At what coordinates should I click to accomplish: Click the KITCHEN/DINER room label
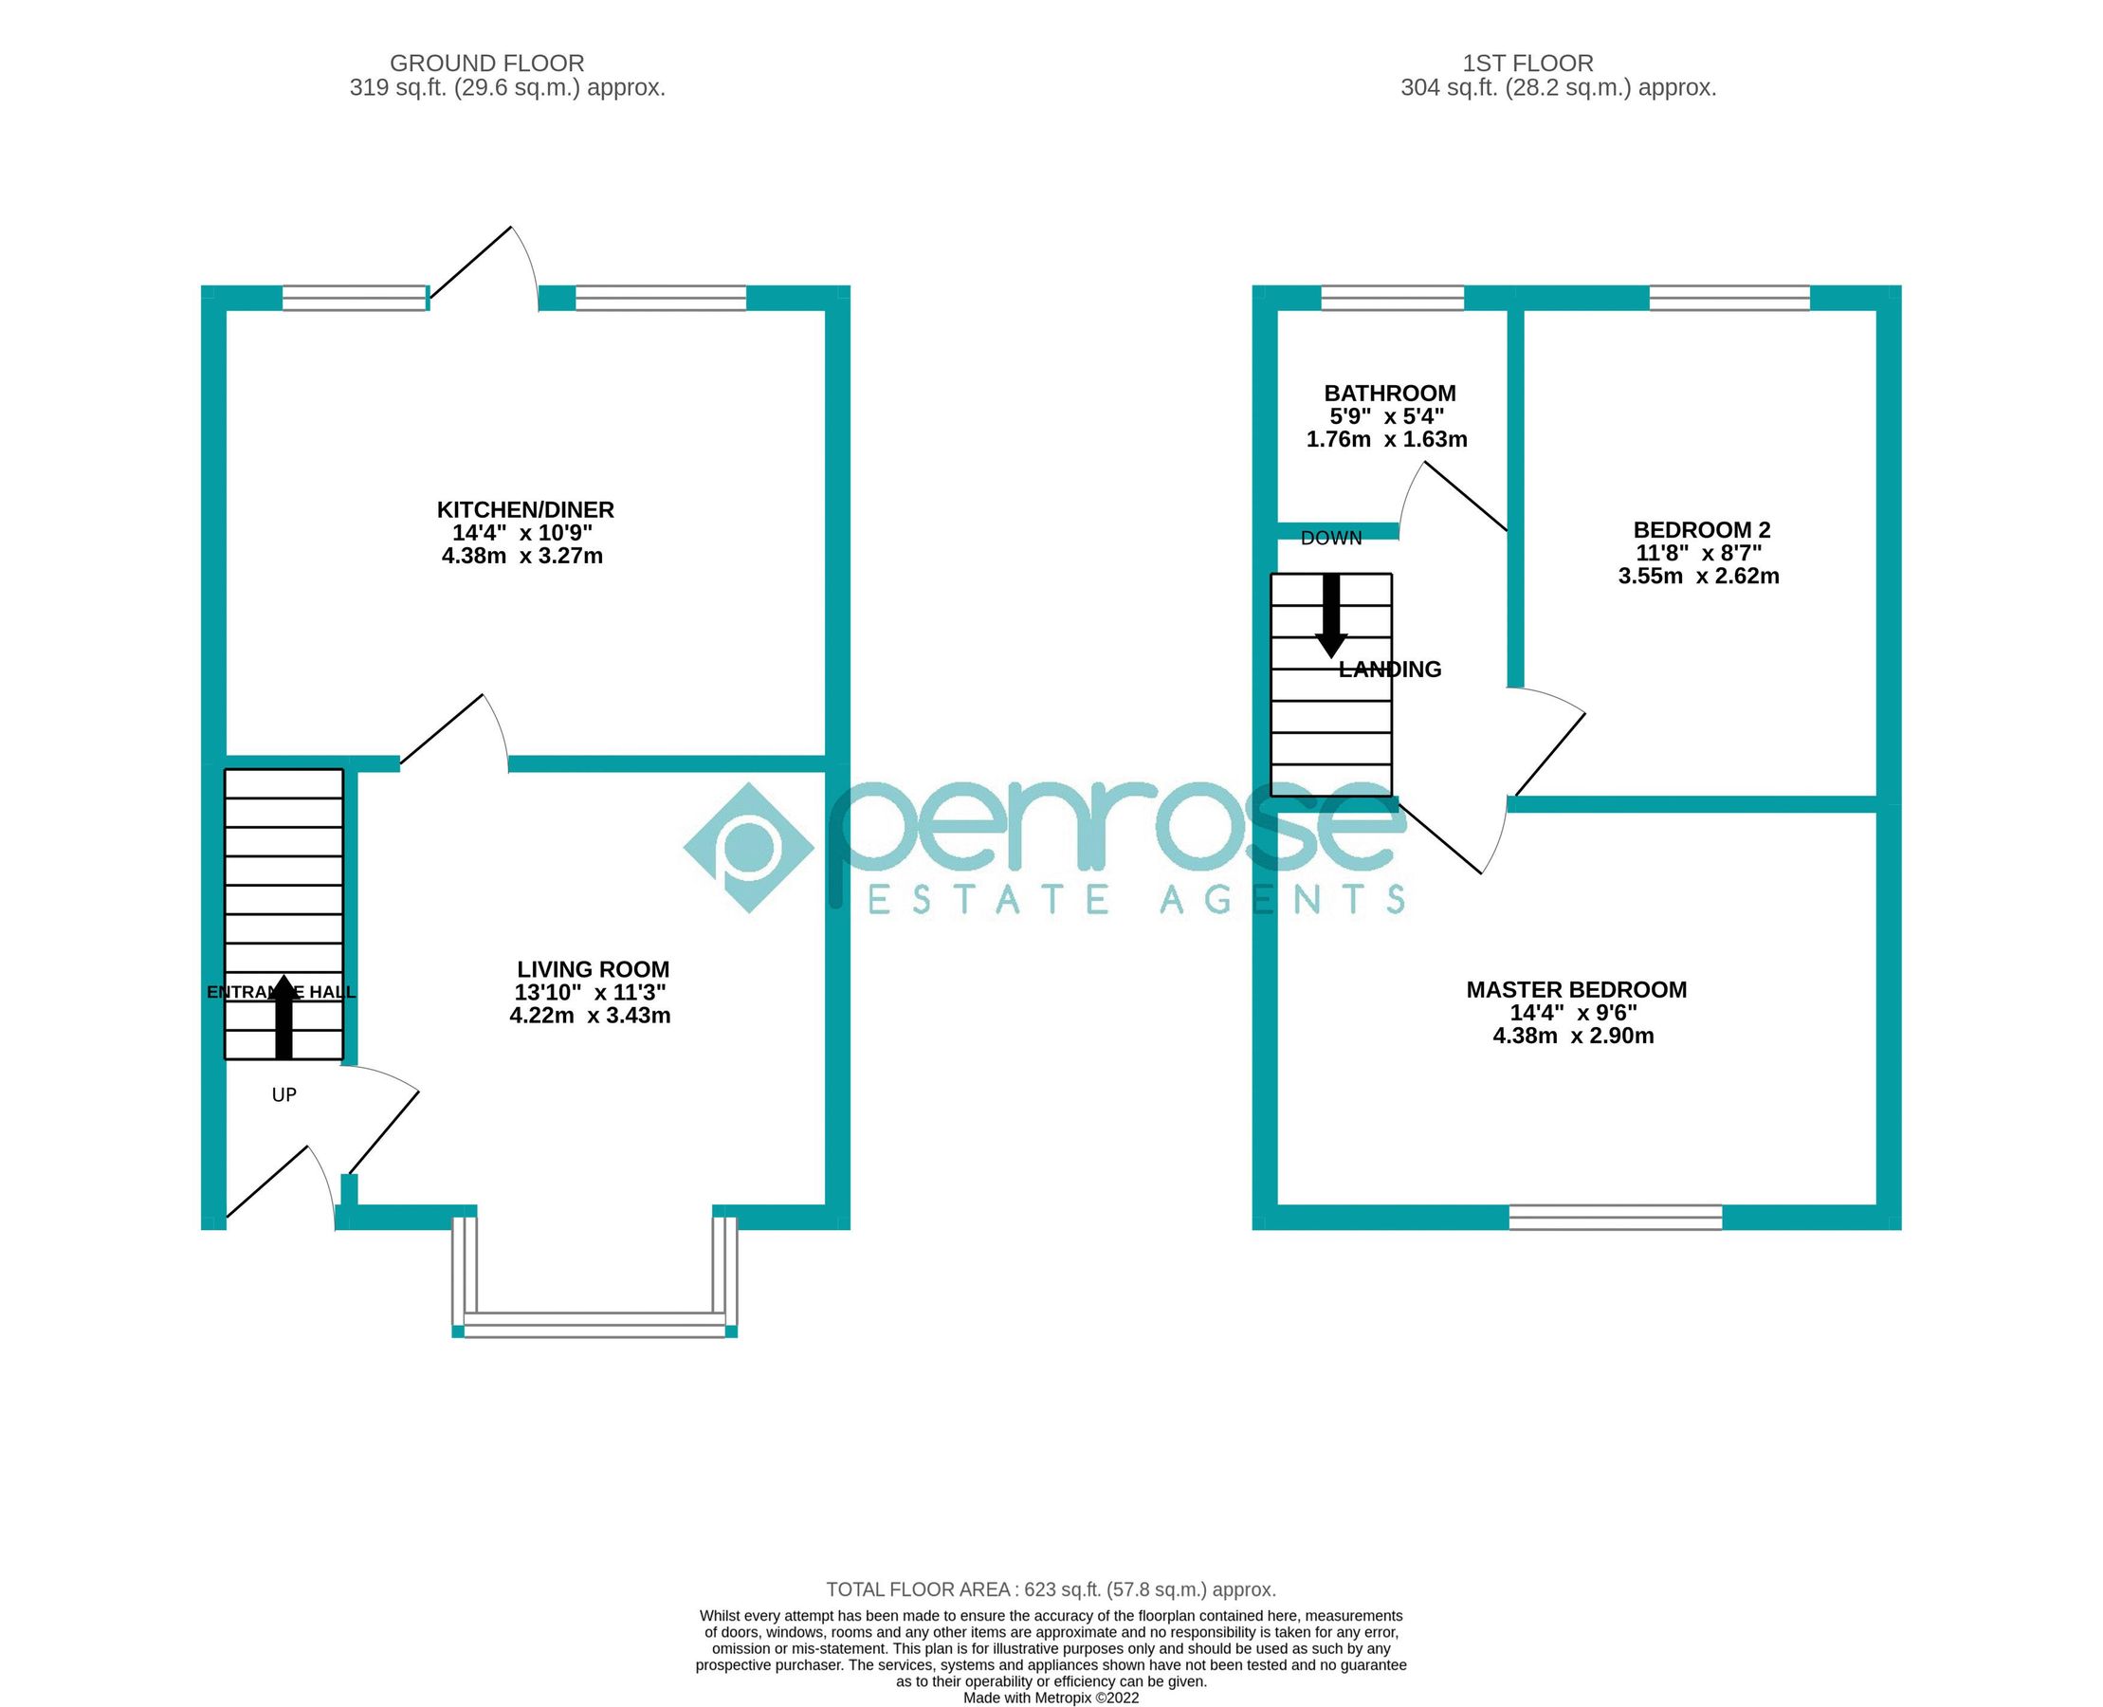click(525, 509)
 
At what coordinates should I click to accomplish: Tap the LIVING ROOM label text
click(593, 969)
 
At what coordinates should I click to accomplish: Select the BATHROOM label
click(1389, 394)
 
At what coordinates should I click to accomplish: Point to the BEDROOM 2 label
click(1701, 530)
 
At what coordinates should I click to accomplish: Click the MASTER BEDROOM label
click(1576, 989)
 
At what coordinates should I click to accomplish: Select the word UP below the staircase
click(284, 1094)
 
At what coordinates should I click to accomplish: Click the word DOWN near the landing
click(1331, 538)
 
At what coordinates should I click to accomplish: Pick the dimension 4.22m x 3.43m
click(590, 1016)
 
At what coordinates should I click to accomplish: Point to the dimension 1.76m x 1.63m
click(1386, 439)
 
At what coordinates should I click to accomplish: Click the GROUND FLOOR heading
click(486, 63)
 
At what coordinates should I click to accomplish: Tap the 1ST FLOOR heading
click(1527, 63)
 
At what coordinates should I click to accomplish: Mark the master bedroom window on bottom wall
click(1616, 1218)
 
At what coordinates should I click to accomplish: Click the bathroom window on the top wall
click(1392, 297)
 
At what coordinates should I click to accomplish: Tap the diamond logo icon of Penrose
click(748, 848)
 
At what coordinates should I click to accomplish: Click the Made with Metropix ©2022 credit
click(1051, 1698)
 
